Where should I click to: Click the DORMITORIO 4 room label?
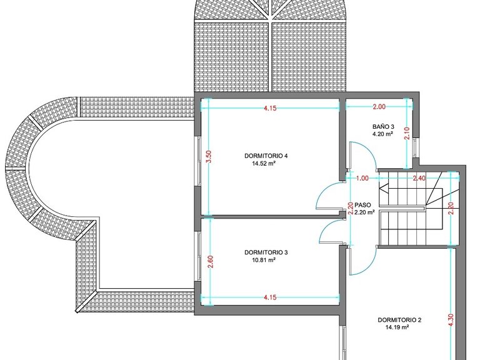point(266,156)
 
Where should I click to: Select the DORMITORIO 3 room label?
point(266,252)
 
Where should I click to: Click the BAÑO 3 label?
point(383,126)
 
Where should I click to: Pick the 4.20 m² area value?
point(382,134)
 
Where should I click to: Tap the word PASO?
point(362,205)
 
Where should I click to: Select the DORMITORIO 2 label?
point(399,320)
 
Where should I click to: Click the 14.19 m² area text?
point(397,327)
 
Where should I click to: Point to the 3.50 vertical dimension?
point(209,156)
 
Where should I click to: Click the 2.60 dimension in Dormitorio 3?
point(211,262)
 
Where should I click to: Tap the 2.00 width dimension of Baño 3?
point(379,107)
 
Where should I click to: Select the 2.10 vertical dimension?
point(407,133)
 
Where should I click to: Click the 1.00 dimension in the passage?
point(362,178)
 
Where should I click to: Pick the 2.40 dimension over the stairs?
point(419,178)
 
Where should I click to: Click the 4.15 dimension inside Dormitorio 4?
point(270,108)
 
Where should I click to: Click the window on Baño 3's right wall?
point(414,148)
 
